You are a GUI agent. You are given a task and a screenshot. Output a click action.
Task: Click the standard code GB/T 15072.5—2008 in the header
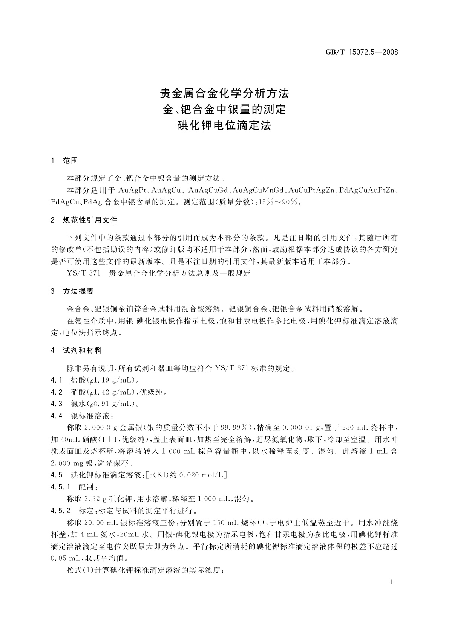click(362, 52)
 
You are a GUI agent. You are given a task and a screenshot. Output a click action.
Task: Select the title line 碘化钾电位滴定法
click(224, 125)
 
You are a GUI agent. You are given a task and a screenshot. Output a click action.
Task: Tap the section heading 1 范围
click(64, 161)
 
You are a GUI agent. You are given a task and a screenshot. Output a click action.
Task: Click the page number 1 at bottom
click(392, 582)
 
